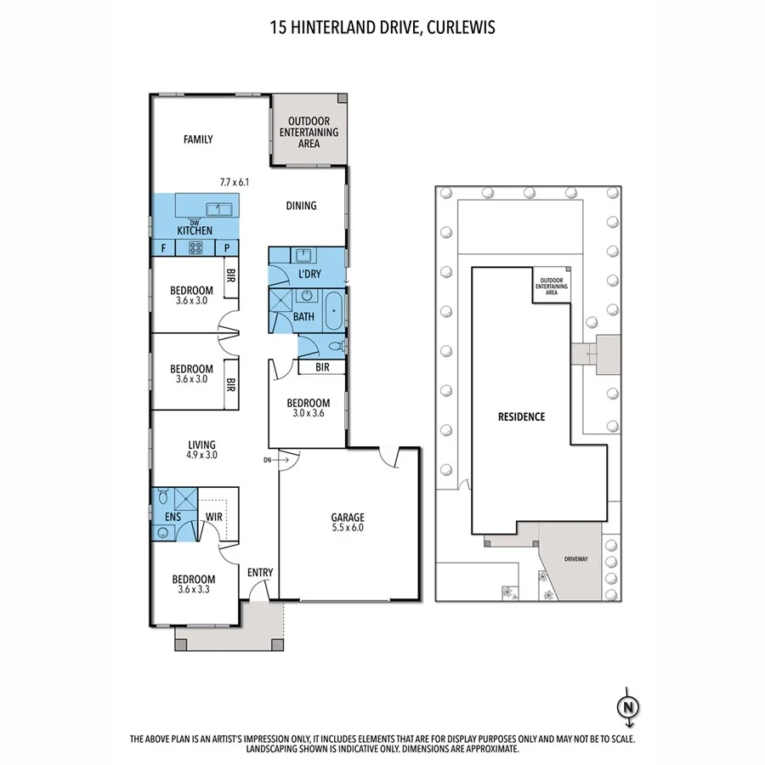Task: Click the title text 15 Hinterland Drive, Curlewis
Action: (x=382, y=26)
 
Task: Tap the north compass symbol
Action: (x=627, y=706)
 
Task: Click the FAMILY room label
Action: (x=198, y=140)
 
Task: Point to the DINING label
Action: (x=301, y=206)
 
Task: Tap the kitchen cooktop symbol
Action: (x=195, y=248)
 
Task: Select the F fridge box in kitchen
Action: (x=162, y=248)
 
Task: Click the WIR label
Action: (x=214, y=516)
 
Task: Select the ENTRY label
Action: (x=260, y=572)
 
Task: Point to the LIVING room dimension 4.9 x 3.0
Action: (x=202, y=455)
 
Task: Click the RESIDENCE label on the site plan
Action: (x=521, y=416)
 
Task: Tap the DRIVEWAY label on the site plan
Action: (x=581, y=559)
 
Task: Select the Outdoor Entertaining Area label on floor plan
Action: (x=309, y=133)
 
